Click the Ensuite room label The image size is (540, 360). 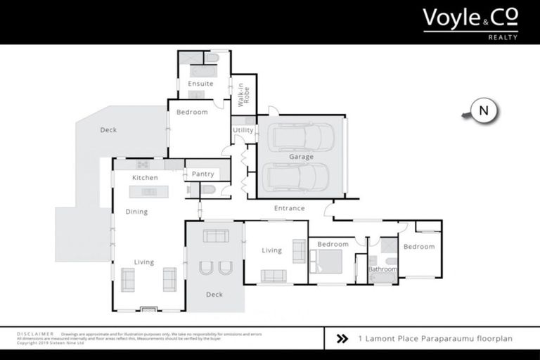(x=200, y=84)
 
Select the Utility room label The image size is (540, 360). (x=243, y=130)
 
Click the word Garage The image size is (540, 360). (x=301, y=157)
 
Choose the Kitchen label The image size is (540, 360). (x=145, y=178)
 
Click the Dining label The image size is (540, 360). (x=136, y=212)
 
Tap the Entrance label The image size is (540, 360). (x=289, y=208)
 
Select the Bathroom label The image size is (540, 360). (x=382, y=269)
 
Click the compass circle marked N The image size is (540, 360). (x=483, y=110)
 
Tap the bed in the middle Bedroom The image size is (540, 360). (x=328, y=262)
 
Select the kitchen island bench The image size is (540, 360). (x=149, y=191)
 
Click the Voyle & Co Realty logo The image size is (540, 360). (x=470, y=22)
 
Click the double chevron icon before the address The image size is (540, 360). (x=342, y=339)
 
